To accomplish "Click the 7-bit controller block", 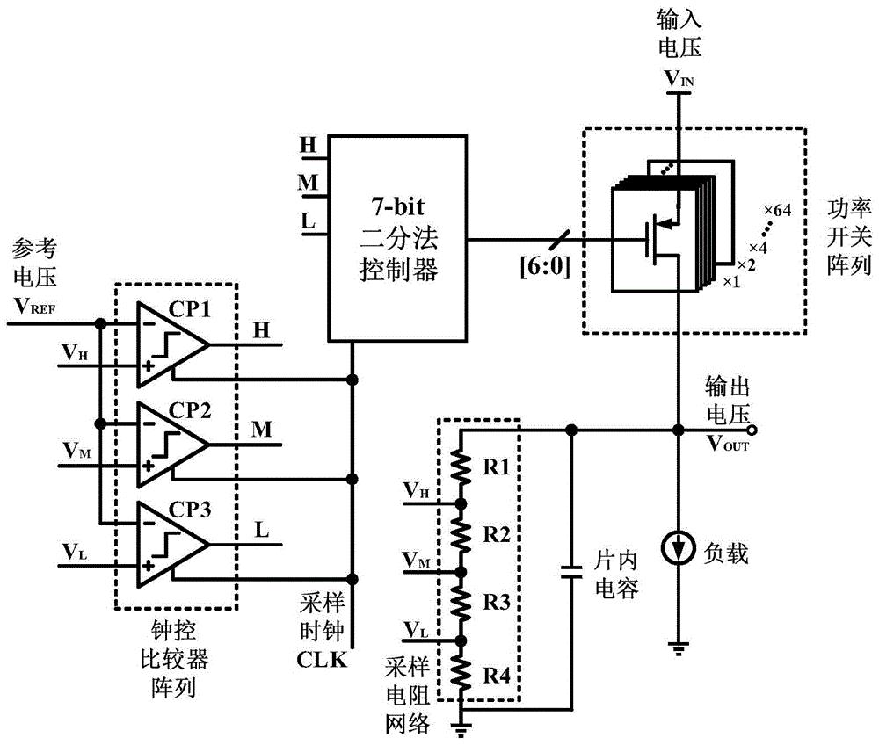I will (x=396, y=237).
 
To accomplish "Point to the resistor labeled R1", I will (x=458, y=467).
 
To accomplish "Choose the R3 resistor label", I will (x=497, y=604).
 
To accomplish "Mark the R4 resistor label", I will (x=497, y=675).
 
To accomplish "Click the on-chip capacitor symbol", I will (x=572, y=568).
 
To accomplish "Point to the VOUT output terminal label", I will (x=728, y=443).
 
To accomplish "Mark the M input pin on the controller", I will (x=308, y=183).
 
